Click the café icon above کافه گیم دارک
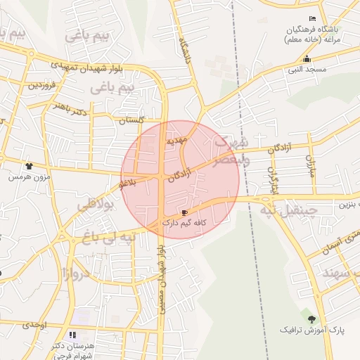coord(185,212)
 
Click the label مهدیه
coord(176,141)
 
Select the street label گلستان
coord(131,120)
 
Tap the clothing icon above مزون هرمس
coord(29,166)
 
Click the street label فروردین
coord(41,85)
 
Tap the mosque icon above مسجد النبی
coord(307,59)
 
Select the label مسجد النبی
coord(307,70)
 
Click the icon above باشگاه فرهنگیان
coord(313,18)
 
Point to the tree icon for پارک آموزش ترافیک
coord(311,319)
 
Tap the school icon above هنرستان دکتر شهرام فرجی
coord(72,335)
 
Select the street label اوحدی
coord(34,325)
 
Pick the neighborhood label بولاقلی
coord(94,206)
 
